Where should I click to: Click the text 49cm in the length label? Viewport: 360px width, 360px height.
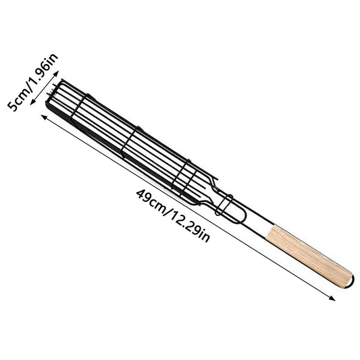click(147, 201)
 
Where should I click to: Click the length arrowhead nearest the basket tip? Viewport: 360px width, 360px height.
click(45, 117)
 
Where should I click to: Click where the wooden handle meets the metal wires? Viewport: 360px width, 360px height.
click(268, 230)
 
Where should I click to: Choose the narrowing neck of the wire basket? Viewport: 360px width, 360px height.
click(206, 192)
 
